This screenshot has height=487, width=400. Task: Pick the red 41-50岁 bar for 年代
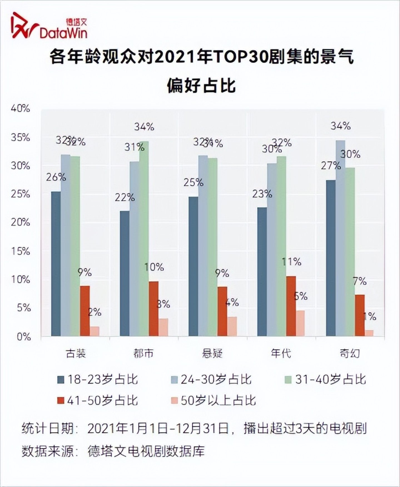(x=291, y=306)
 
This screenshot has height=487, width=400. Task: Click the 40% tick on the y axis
(x=20, y=109)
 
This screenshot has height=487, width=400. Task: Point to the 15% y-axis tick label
(x=20, y=251)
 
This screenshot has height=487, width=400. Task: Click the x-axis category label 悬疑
(x=212, y=353)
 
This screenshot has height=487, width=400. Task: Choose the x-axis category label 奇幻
(x=350, y=353)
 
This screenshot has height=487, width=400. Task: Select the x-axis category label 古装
(x=76, y=353)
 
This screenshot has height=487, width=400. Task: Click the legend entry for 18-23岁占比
(x=98, y=379)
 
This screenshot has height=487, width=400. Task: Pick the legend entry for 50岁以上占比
(x=213, y=401)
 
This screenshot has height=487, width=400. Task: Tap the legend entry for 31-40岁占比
(x=326, y=379)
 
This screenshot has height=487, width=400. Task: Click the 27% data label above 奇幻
(x=331, y=166)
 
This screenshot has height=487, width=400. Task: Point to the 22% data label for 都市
(x=125, y=198)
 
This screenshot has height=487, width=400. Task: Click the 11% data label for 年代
(x=292, y=262)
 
